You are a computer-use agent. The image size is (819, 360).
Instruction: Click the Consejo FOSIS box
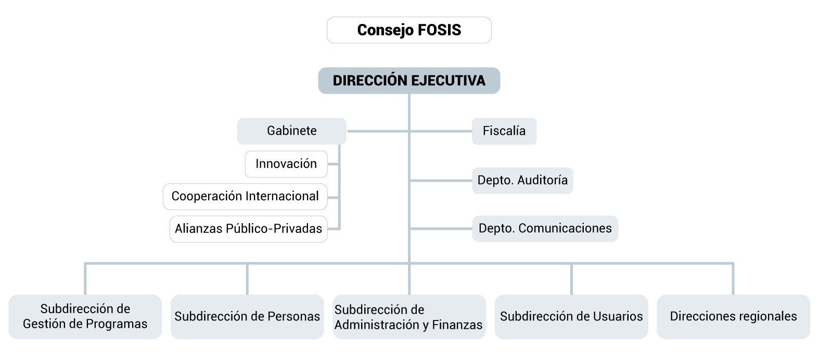pyautogui.click(x=409, y=30)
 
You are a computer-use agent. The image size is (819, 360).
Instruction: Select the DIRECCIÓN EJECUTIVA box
pyautogui.click(x=409, y=81)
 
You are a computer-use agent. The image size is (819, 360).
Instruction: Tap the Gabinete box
pyautogui.click(x=292, y=131)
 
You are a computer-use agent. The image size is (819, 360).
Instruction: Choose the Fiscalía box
pyautogui.click(x=504, y=131)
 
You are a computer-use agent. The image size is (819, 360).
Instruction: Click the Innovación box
pyautogui.click(x=286, y=164)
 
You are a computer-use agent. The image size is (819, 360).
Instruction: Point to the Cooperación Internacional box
pyautogui.click(x=245, y=197)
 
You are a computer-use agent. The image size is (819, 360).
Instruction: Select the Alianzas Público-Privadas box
pyautogui.click(x=249, y=229)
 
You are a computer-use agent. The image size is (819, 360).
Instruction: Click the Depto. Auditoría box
pyautogui.click(x=522, y=180)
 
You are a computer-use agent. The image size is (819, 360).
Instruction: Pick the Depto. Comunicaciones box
pyautogui.click(x=545, y=228)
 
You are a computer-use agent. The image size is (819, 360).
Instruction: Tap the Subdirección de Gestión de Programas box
pyautogui.click(x=85, y=316)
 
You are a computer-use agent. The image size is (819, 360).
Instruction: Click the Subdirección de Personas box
pyautogui.click(x=247, y=316)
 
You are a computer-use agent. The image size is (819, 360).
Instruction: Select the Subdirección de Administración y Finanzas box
pyautogui.click(x=409, y=316)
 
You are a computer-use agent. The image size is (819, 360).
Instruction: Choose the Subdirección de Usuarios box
pyautogui.click(x=571, y=316)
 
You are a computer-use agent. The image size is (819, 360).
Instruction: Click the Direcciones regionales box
pyautogui.click(x=734, y=316)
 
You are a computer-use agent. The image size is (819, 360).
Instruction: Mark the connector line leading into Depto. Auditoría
pyautogui.click(x=441, y=181)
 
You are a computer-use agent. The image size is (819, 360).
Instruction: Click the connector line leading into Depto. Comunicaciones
pyautogui.click(x=441, y=229)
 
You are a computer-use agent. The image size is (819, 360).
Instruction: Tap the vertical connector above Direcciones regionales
pyautogui.click(x=733, y=279)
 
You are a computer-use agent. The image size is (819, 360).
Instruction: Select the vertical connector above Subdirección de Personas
pyautogui.click(x=247, y=279)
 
